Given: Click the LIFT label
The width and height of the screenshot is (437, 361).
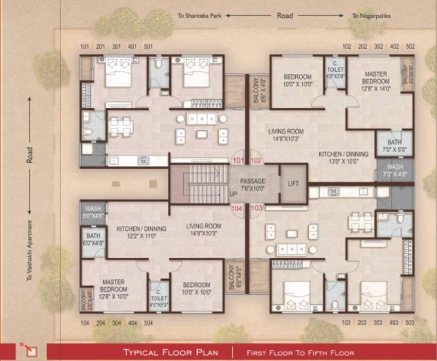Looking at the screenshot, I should pos(293,183).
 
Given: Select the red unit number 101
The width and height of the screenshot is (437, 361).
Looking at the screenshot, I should pos(239,160).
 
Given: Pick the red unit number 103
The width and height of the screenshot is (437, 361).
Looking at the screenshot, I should pos(257,207).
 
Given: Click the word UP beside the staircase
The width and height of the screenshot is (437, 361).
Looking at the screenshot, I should pos(233,193).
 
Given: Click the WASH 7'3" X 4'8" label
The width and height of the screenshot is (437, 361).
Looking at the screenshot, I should pos(394,171).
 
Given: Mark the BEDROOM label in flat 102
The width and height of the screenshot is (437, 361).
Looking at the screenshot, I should pos(297,80).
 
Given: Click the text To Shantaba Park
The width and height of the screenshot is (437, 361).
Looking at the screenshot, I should pos(200,16).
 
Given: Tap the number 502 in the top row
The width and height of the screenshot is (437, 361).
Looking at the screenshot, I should pos(410,47).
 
